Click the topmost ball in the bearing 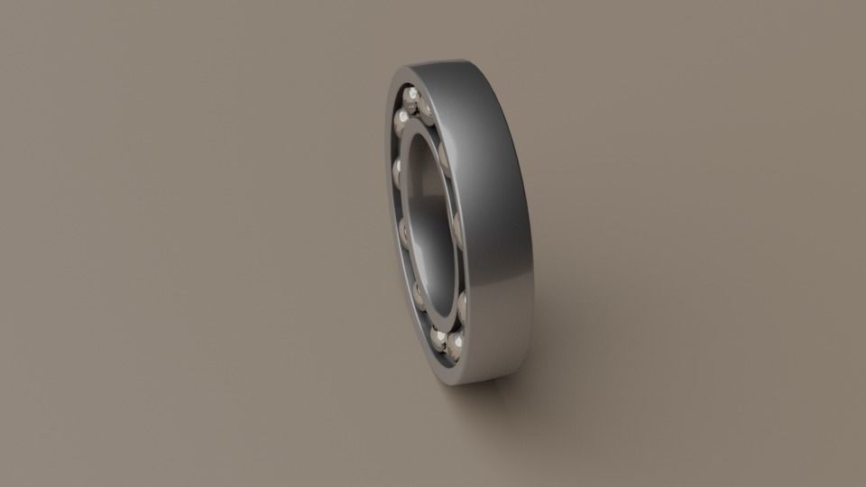(x=412, y=95)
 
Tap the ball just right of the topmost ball (x=426, y=108)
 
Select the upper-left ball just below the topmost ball (x=402, y=118)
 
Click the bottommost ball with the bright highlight (x=455, y=346)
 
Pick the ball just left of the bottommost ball (x=438, y=336)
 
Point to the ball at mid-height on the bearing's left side (x=407, y=235)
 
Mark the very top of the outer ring (x=442, y=62)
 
